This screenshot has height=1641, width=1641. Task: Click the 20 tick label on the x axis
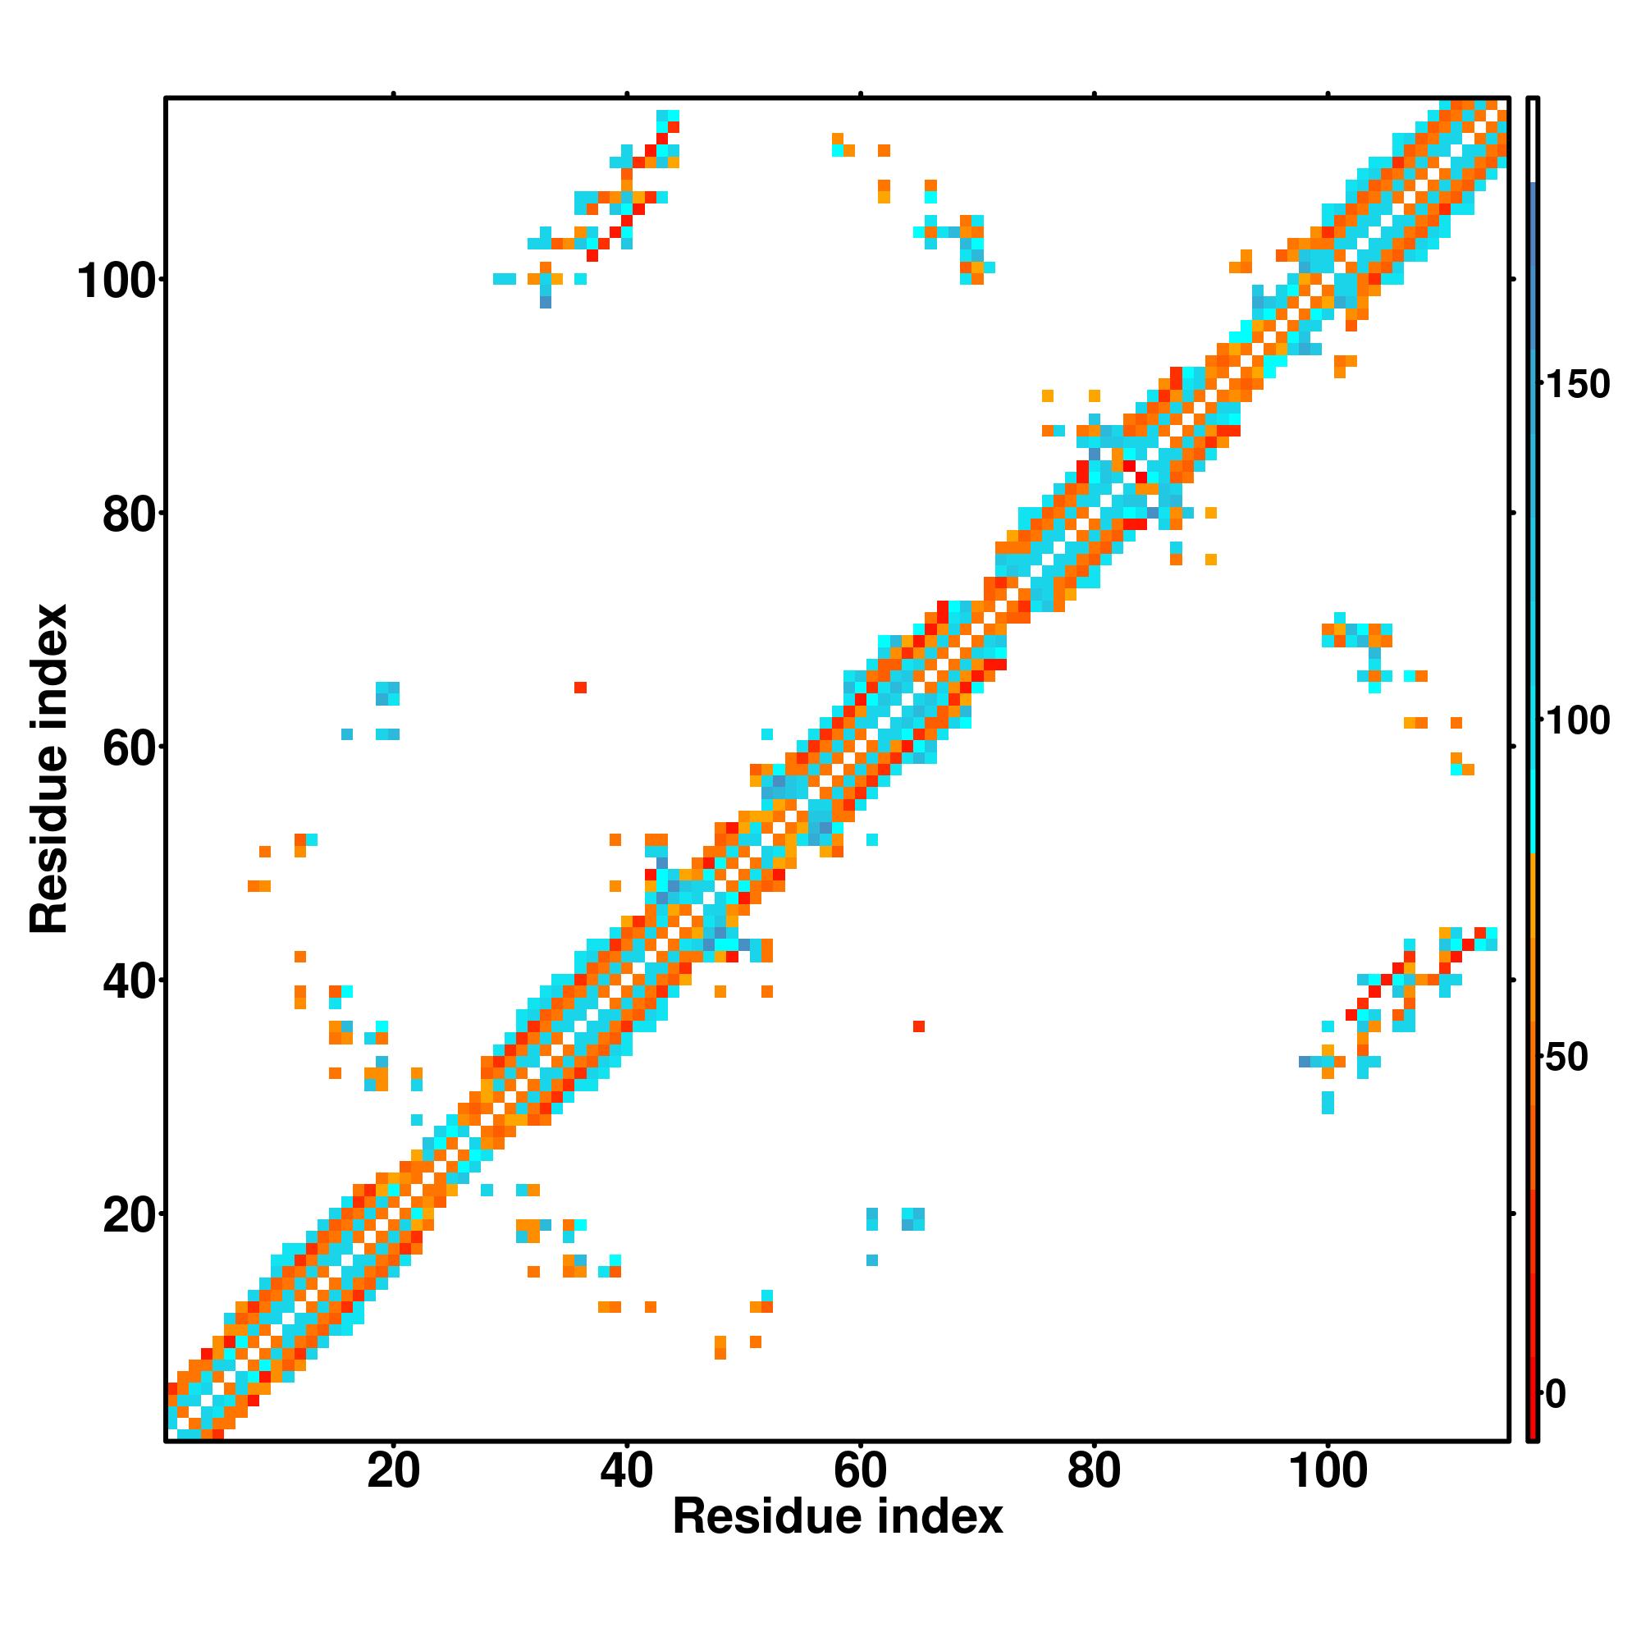[393, 1471]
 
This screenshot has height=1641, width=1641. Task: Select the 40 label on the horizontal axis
[627, 1471]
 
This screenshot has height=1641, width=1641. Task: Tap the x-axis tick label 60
[861, 1471]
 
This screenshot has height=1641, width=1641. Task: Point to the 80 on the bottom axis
[1094, 1471]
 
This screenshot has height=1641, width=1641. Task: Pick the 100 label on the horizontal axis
[1328, 1471]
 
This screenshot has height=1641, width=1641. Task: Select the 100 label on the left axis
[118, 282]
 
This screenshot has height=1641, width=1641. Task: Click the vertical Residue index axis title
[49, 769]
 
